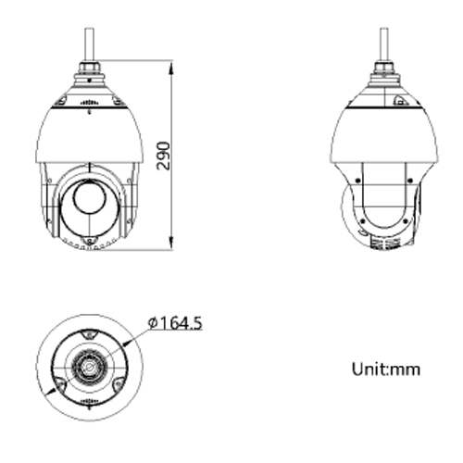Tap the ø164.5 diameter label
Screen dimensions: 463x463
(x=175, y=323)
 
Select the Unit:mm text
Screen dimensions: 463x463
(x=386, y=369)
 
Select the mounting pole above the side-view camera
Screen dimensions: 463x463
(x=382, y=43)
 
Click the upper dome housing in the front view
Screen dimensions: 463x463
(x=89, y=134)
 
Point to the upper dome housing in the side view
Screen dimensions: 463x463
(x=382, y=134)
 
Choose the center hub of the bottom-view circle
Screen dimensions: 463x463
(x=90, y=366)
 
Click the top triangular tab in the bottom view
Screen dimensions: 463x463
(x=90, y=332)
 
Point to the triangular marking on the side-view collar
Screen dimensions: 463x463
(x=400, y=100)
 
